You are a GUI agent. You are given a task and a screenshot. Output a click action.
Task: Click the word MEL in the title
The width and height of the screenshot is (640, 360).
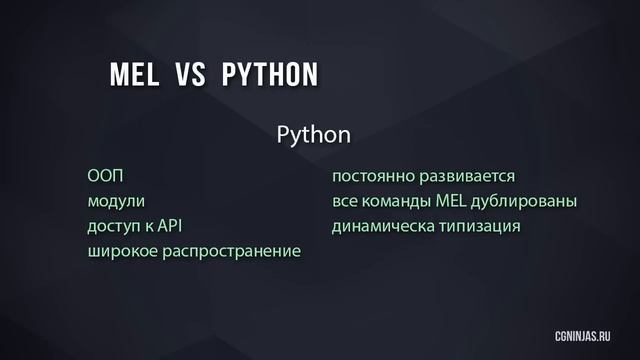click(131, 74)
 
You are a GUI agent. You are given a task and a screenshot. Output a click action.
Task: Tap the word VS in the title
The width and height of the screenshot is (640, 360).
click(191, 74)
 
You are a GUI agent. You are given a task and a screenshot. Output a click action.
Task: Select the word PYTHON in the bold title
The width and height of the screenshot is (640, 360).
click(269, 74)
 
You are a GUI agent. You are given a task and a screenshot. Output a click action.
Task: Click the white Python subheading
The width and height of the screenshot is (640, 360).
click(312, 134)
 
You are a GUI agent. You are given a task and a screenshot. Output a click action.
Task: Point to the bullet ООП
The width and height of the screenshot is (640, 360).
click(104, 177)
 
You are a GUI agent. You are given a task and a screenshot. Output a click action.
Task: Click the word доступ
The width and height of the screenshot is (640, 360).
click(114, 226)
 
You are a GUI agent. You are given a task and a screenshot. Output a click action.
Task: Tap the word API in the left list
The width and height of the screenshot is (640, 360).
click(172, 226)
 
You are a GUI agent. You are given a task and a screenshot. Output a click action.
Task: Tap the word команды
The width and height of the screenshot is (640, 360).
click(397, 201)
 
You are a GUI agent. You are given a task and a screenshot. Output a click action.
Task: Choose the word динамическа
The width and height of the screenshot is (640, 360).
click(382, 226)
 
